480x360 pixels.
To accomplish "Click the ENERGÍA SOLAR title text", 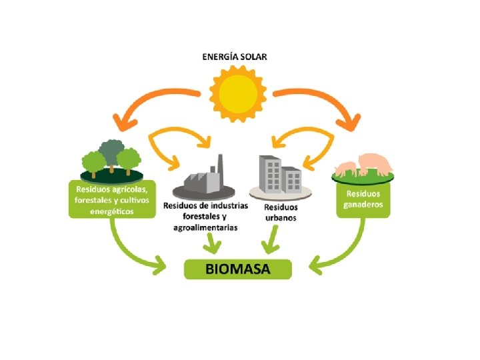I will (235, 57).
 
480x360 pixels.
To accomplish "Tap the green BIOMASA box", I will (238, 269).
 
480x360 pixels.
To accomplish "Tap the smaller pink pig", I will (347, 168).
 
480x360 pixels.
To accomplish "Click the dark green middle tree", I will (109, 149).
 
